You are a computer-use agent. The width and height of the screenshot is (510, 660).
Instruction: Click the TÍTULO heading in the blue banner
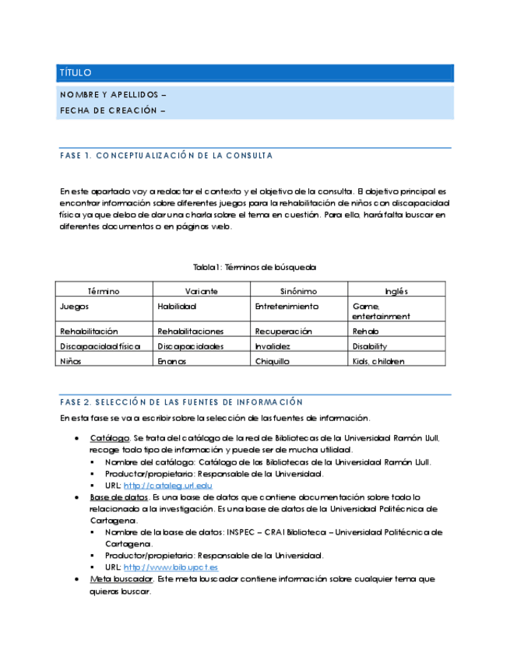[x=76, y=73]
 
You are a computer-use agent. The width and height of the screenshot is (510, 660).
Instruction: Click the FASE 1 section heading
[x=166, y=156]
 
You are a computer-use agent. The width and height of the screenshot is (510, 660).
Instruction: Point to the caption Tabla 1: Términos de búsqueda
[x=255, y=267]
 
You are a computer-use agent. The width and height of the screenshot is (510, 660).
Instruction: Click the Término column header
[x=104, y=291]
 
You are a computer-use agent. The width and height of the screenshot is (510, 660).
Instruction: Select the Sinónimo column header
[x=299, y=291]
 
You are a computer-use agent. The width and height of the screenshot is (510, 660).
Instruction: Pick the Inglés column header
[x=396, y=291]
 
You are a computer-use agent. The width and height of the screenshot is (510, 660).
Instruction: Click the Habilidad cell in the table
[x=177, y=307]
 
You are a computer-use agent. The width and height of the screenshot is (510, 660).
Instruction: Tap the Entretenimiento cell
[x=287, y=307]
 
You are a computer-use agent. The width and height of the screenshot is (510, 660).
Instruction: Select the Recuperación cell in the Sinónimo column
[x=283, y=332]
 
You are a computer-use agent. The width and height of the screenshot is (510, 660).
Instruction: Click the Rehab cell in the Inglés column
[x=365, y=332]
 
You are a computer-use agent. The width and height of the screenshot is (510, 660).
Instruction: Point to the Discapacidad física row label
[x=100, y=346]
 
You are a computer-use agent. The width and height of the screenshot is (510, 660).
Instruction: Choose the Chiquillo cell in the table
[x=272, y=361]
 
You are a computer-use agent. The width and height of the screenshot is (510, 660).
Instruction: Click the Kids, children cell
[x=378, y=361]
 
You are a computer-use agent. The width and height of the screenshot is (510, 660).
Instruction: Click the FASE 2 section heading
[x=181, y=402]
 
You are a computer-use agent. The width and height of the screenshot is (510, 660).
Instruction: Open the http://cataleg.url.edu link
[x=167, y=486]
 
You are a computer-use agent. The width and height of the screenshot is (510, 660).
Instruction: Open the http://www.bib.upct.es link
[x=171, y=567]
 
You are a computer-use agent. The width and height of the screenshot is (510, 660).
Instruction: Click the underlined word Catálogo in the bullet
[x=108, y=438]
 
